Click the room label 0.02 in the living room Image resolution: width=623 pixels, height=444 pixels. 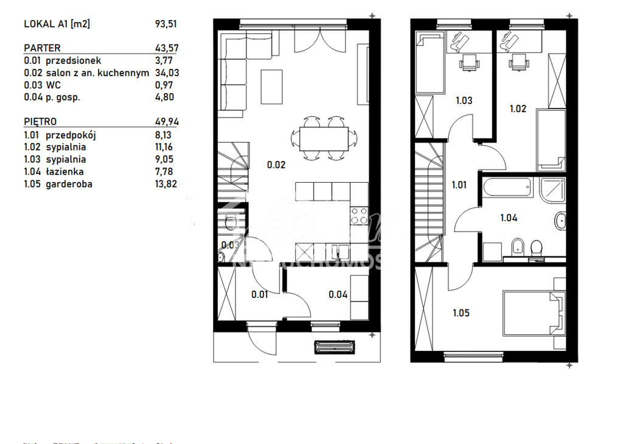tap(276, 164)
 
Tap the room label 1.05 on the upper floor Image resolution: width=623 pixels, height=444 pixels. tap(462, 313)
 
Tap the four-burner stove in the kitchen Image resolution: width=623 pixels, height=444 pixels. tap(359, 216)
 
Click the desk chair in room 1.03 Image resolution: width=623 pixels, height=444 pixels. tap(468, 62)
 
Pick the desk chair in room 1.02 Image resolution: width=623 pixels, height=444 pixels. tap(518, 62)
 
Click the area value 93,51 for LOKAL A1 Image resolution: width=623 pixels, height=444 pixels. tap(166, 24)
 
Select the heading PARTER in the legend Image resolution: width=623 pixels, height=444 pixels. tap(42, 48)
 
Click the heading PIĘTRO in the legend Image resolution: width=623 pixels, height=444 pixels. tap(40, 122)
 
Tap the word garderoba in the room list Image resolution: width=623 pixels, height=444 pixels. tap(69, 183)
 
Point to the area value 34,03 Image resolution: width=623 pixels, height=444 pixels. tap(166, 72)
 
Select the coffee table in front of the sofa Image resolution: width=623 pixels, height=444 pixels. tap(272, 86)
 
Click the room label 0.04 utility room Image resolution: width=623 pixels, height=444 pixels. tap(338, 295)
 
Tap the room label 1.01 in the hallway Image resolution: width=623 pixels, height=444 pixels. tap(459, 185)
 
